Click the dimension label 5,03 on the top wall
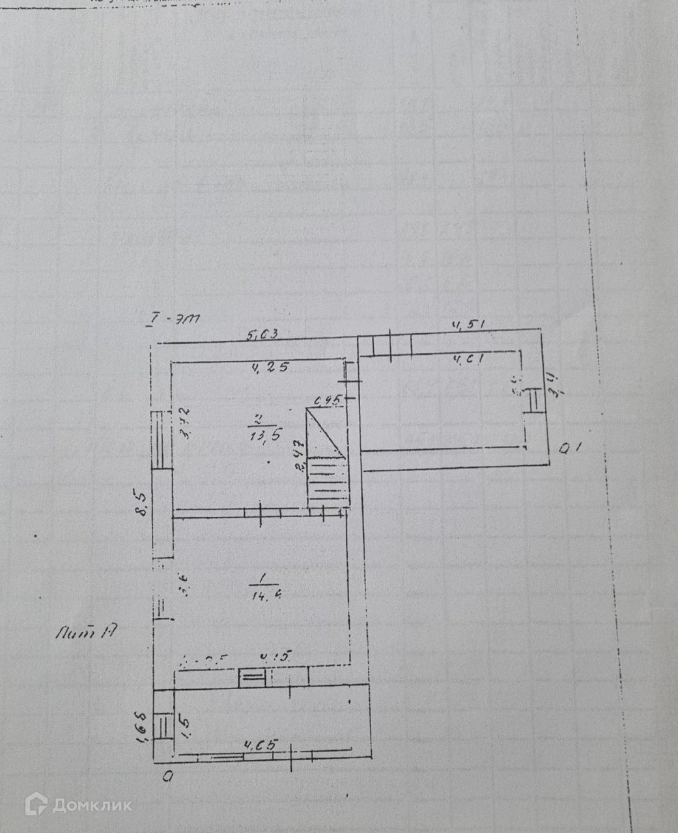[263, 335]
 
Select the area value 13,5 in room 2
[266, 435]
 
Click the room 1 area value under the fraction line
[265, 593]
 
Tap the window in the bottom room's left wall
[163, 726]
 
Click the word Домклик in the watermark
[92, 806]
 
